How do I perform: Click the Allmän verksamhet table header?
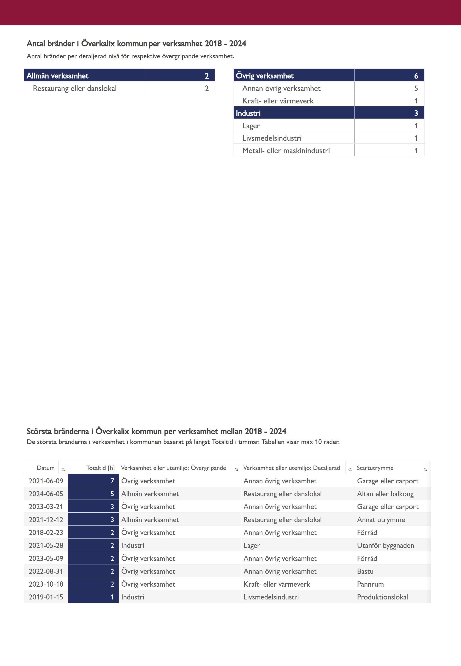tap(57, 76)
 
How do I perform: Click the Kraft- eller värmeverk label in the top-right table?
tap(278, 101)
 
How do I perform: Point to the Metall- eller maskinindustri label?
tap(286, 150)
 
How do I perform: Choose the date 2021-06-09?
tap(46, 481)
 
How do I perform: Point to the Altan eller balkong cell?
tap(385, 494)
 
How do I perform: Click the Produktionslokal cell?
tap(382, 597)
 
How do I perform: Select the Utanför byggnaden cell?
tap(385, 545)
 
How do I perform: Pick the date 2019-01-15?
tap(46, 597)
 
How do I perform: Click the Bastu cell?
tap(365, 571)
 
